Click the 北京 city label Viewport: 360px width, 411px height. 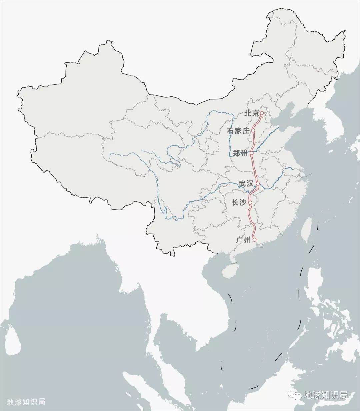(x=251, y=113)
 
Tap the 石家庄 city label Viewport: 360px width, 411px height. (x=238, y=131)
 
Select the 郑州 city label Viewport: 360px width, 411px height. (x=240, y=153)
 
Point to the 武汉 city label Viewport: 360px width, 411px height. (x=246, y=184)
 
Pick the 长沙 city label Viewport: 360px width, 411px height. (x=239, y=202)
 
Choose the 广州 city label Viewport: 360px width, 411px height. (x=243, y=240)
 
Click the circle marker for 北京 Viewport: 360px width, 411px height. (x=262, y=113)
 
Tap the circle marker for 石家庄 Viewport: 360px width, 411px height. (x=253, y=131)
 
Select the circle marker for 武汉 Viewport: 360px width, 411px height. (x=258, y=183)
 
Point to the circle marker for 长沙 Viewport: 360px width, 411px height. (x=250, y=202)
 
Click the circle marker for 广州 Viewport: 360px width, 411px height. (x=254, y=239)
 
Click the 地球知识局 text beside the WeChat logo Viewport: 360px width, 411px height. (x=325, y=395)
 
